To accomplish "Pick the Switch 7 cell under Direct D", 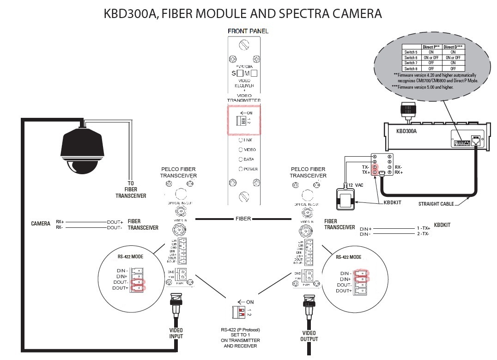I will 453,63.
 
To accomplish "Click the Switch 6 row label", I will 411,57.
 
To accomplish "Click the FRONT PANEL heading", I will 248,31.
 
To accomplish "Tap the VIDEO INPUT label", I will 176,333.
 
